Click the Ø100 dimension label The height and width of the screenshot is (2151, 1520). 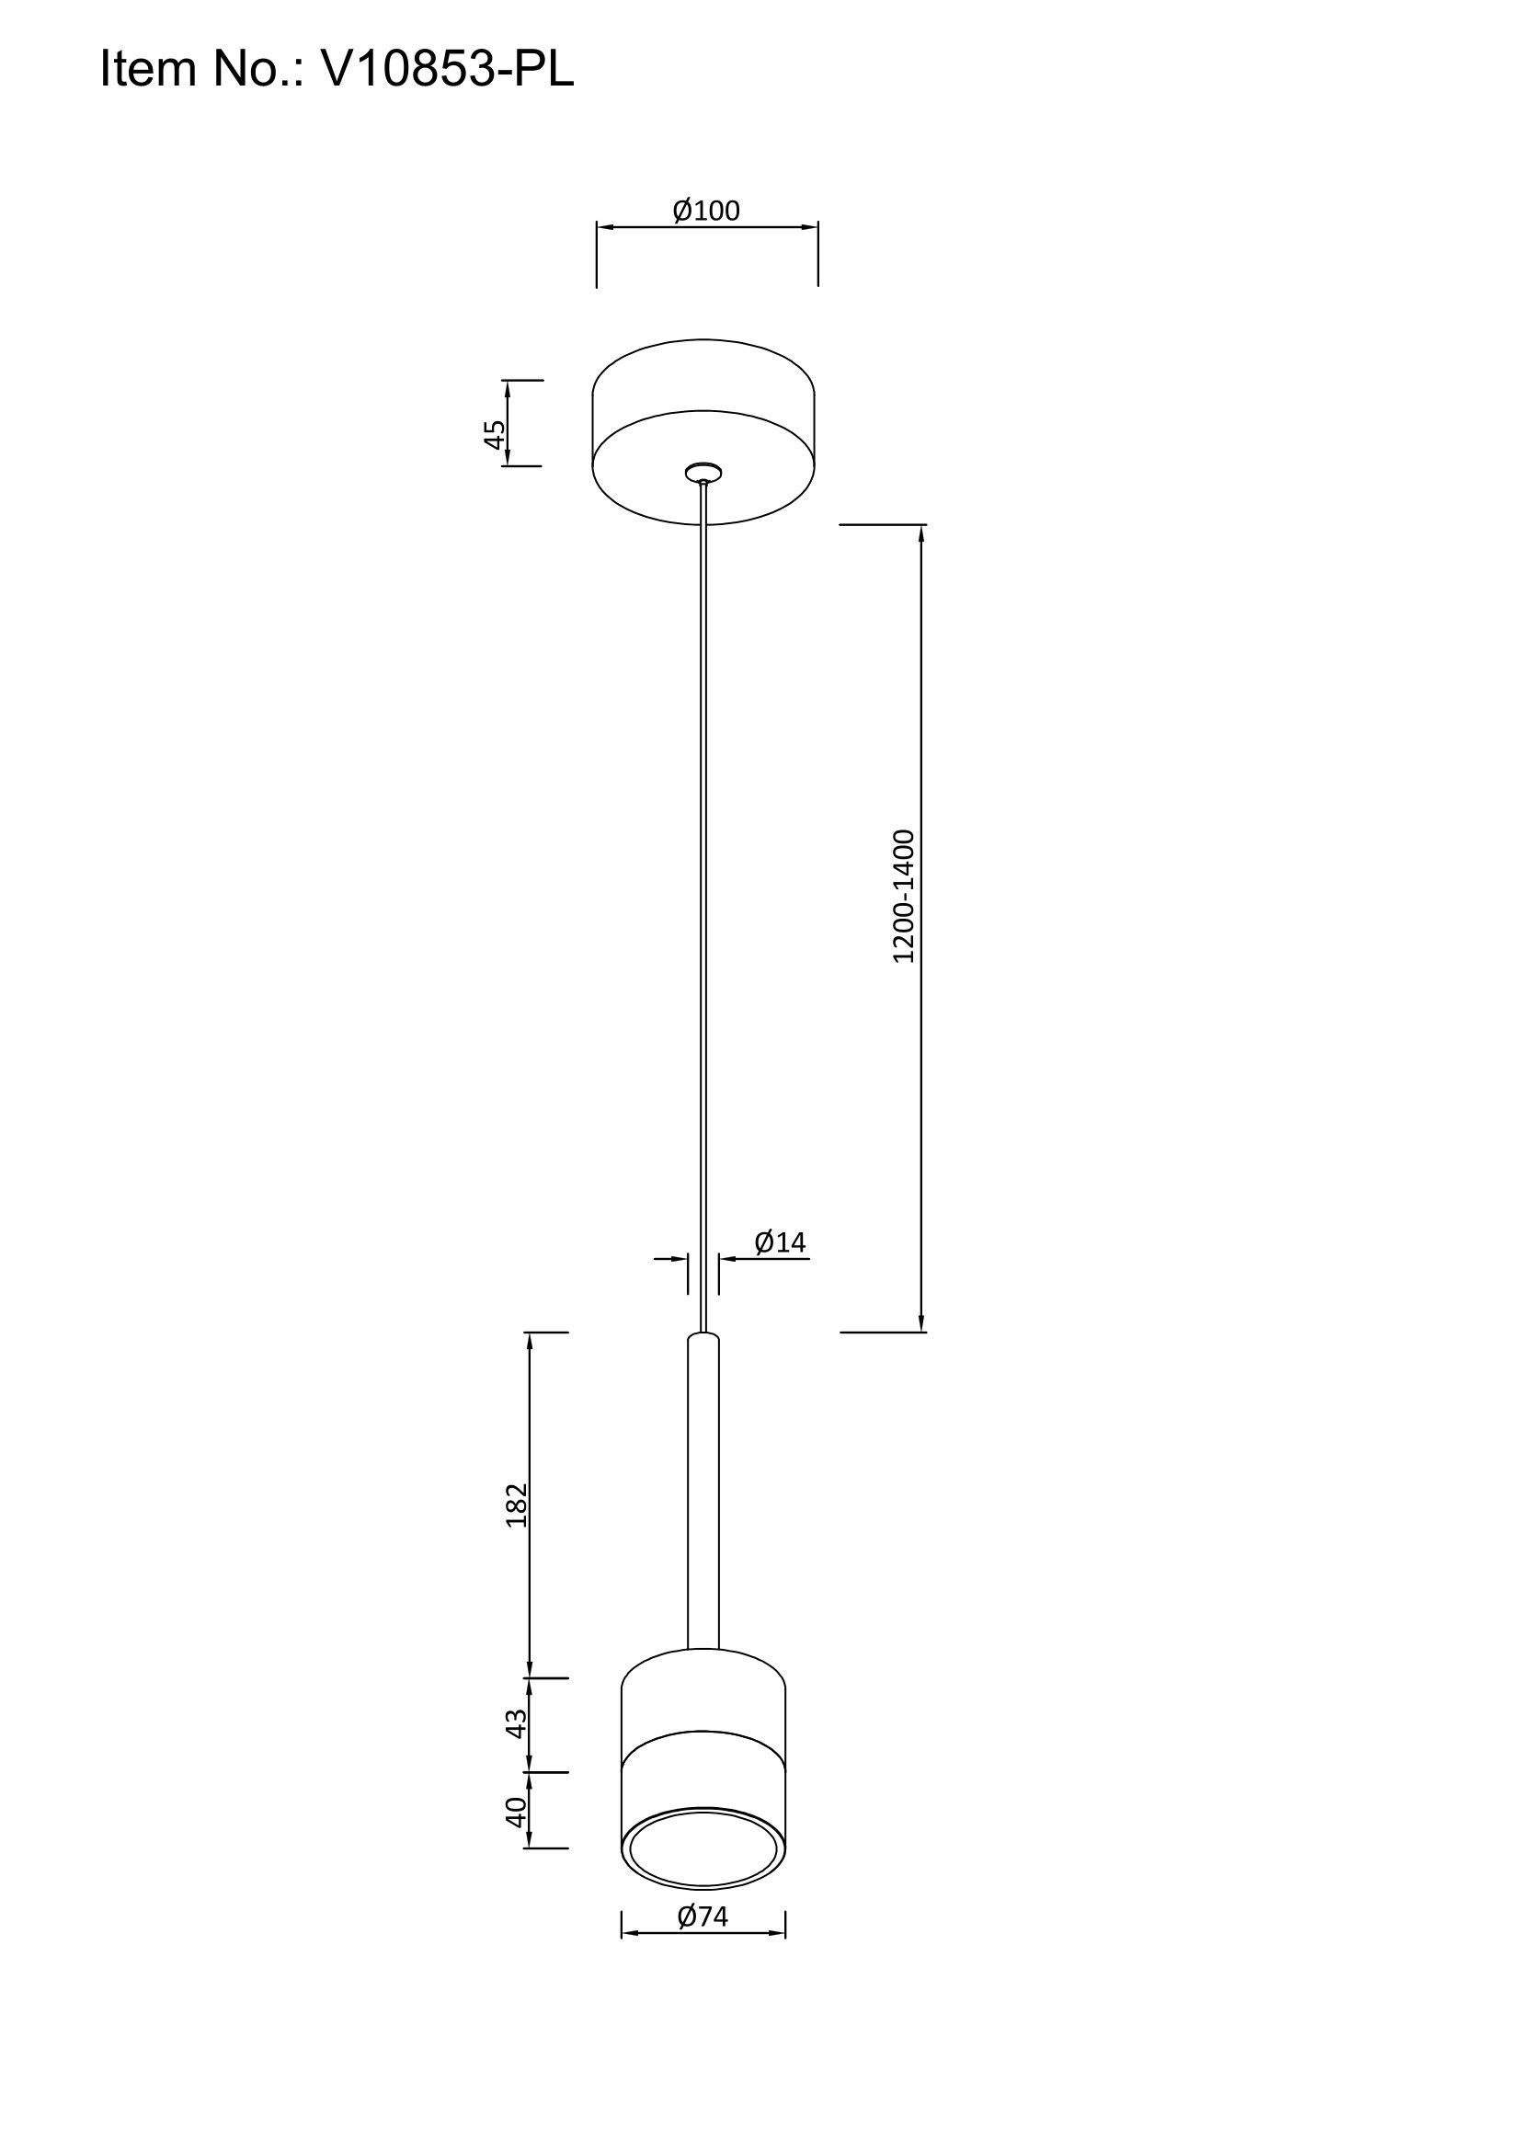pos(706,211)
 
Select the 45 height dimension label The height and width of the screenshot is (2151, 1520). pos(495,435)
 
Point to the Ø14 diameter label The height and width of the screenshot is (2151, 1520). pos(780,1242)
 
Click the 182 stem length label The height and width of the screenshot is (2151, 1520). pos(517,1505)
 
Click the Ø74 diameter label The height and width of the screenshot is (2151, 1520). pos(703,1916)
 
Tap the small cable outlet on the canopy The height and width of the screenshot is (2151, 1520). pos(703,473)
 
